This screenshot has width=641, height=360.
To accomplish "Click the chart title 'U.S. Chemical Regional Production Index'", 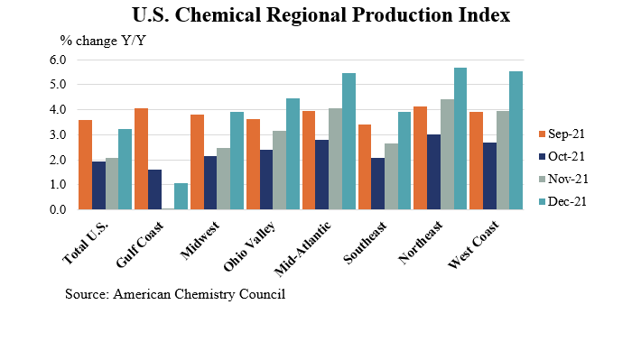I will point(320,15).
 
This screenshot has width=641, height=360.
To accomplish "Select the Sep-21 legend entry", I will point(567,134).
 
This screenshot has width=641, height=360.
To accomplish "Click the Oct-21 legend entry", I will point(567,156).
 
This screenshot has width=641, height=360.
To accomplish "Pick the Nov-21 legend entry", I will point(567,179).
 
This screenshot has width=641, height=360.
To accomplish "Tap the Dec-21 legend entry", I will point(567,201).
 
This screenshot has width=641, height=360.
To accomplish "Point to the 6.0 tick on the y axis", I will point(58,60).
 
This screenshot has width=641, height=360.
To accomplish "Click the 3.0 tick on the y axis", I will point(58,134).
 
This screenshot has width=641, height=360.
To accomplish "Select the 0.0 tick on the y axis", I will point(58,209).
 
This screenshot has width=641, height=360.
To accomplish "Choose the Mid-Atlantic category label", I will point(304,245).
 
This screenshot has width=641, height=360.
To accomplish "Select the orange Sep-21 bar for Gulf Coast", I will point(140,159).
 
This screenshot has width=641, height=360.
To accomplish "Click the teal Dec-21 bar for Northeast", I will point(460,139).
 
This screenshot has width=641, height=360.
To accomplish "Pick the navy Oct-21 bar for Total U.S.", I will point(98,186).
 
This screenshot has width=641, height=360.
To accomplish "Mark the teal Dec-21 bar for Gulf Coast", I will point(181,197).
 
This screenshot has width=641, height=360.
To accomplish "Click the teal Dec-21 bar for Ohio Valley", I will point(293,154).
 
